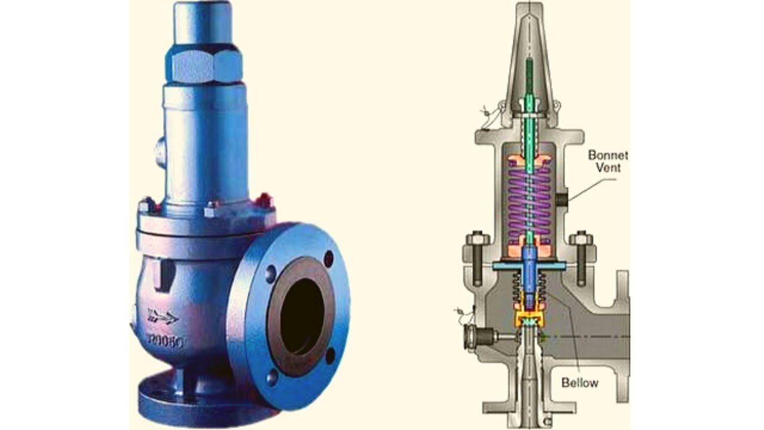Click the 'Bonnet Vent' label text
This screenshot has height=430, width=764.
(x=608, y=161)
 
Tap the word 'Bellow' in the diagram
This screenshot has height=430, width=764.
(x=580, y=382)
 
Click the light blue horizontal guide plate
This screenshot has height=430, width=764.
(x=529, y=265)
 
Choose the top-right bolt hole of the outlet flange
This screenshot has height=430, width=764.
(x=328, y=259)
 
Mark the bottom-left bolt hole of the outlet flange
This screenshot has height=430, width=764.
(x=272, y=376)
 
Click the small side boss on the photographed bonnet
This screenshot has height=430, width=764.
(x=159, y=152)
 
